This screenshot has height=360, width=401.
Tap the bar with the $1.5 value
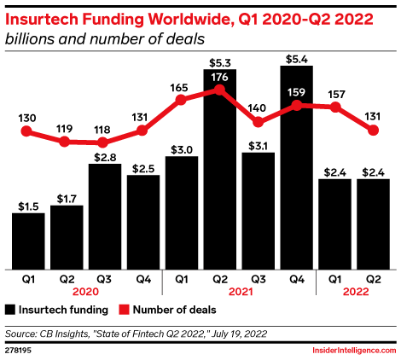(x=28, y=238)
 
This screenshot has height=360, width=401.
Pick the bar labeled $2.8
(x=105, y=213)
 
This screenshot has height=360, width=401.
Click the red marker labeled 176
(x=220, y=90)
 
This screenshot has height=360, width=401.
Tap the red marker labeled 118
(x=105, y=142)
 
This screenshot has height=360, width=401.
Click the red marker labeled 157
(x=335, y=107)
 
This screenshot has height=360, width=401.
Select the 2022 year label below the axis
(x=354, y=289)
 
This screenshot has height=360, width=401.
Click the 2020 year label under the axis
(x=85, y=289)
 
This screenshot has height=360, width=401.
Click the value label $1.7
(x=67, y=198)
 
